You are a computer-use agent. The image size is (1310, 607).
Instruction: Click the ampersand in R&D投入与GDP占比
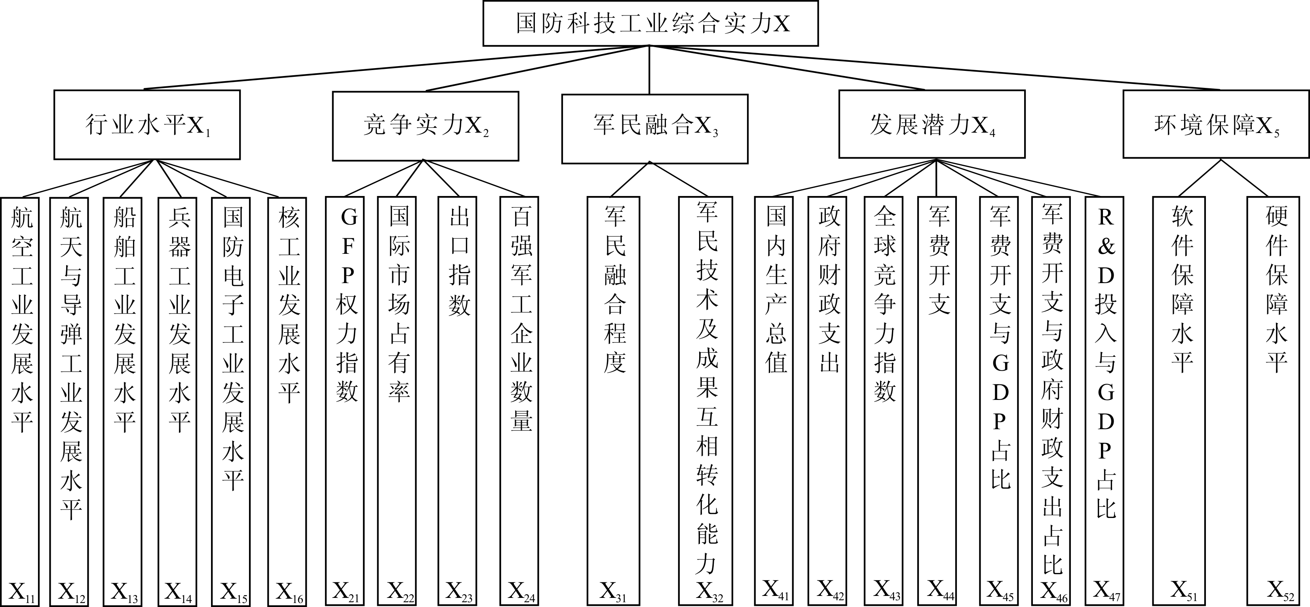pyautogui.click(x=1106, y=247)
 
